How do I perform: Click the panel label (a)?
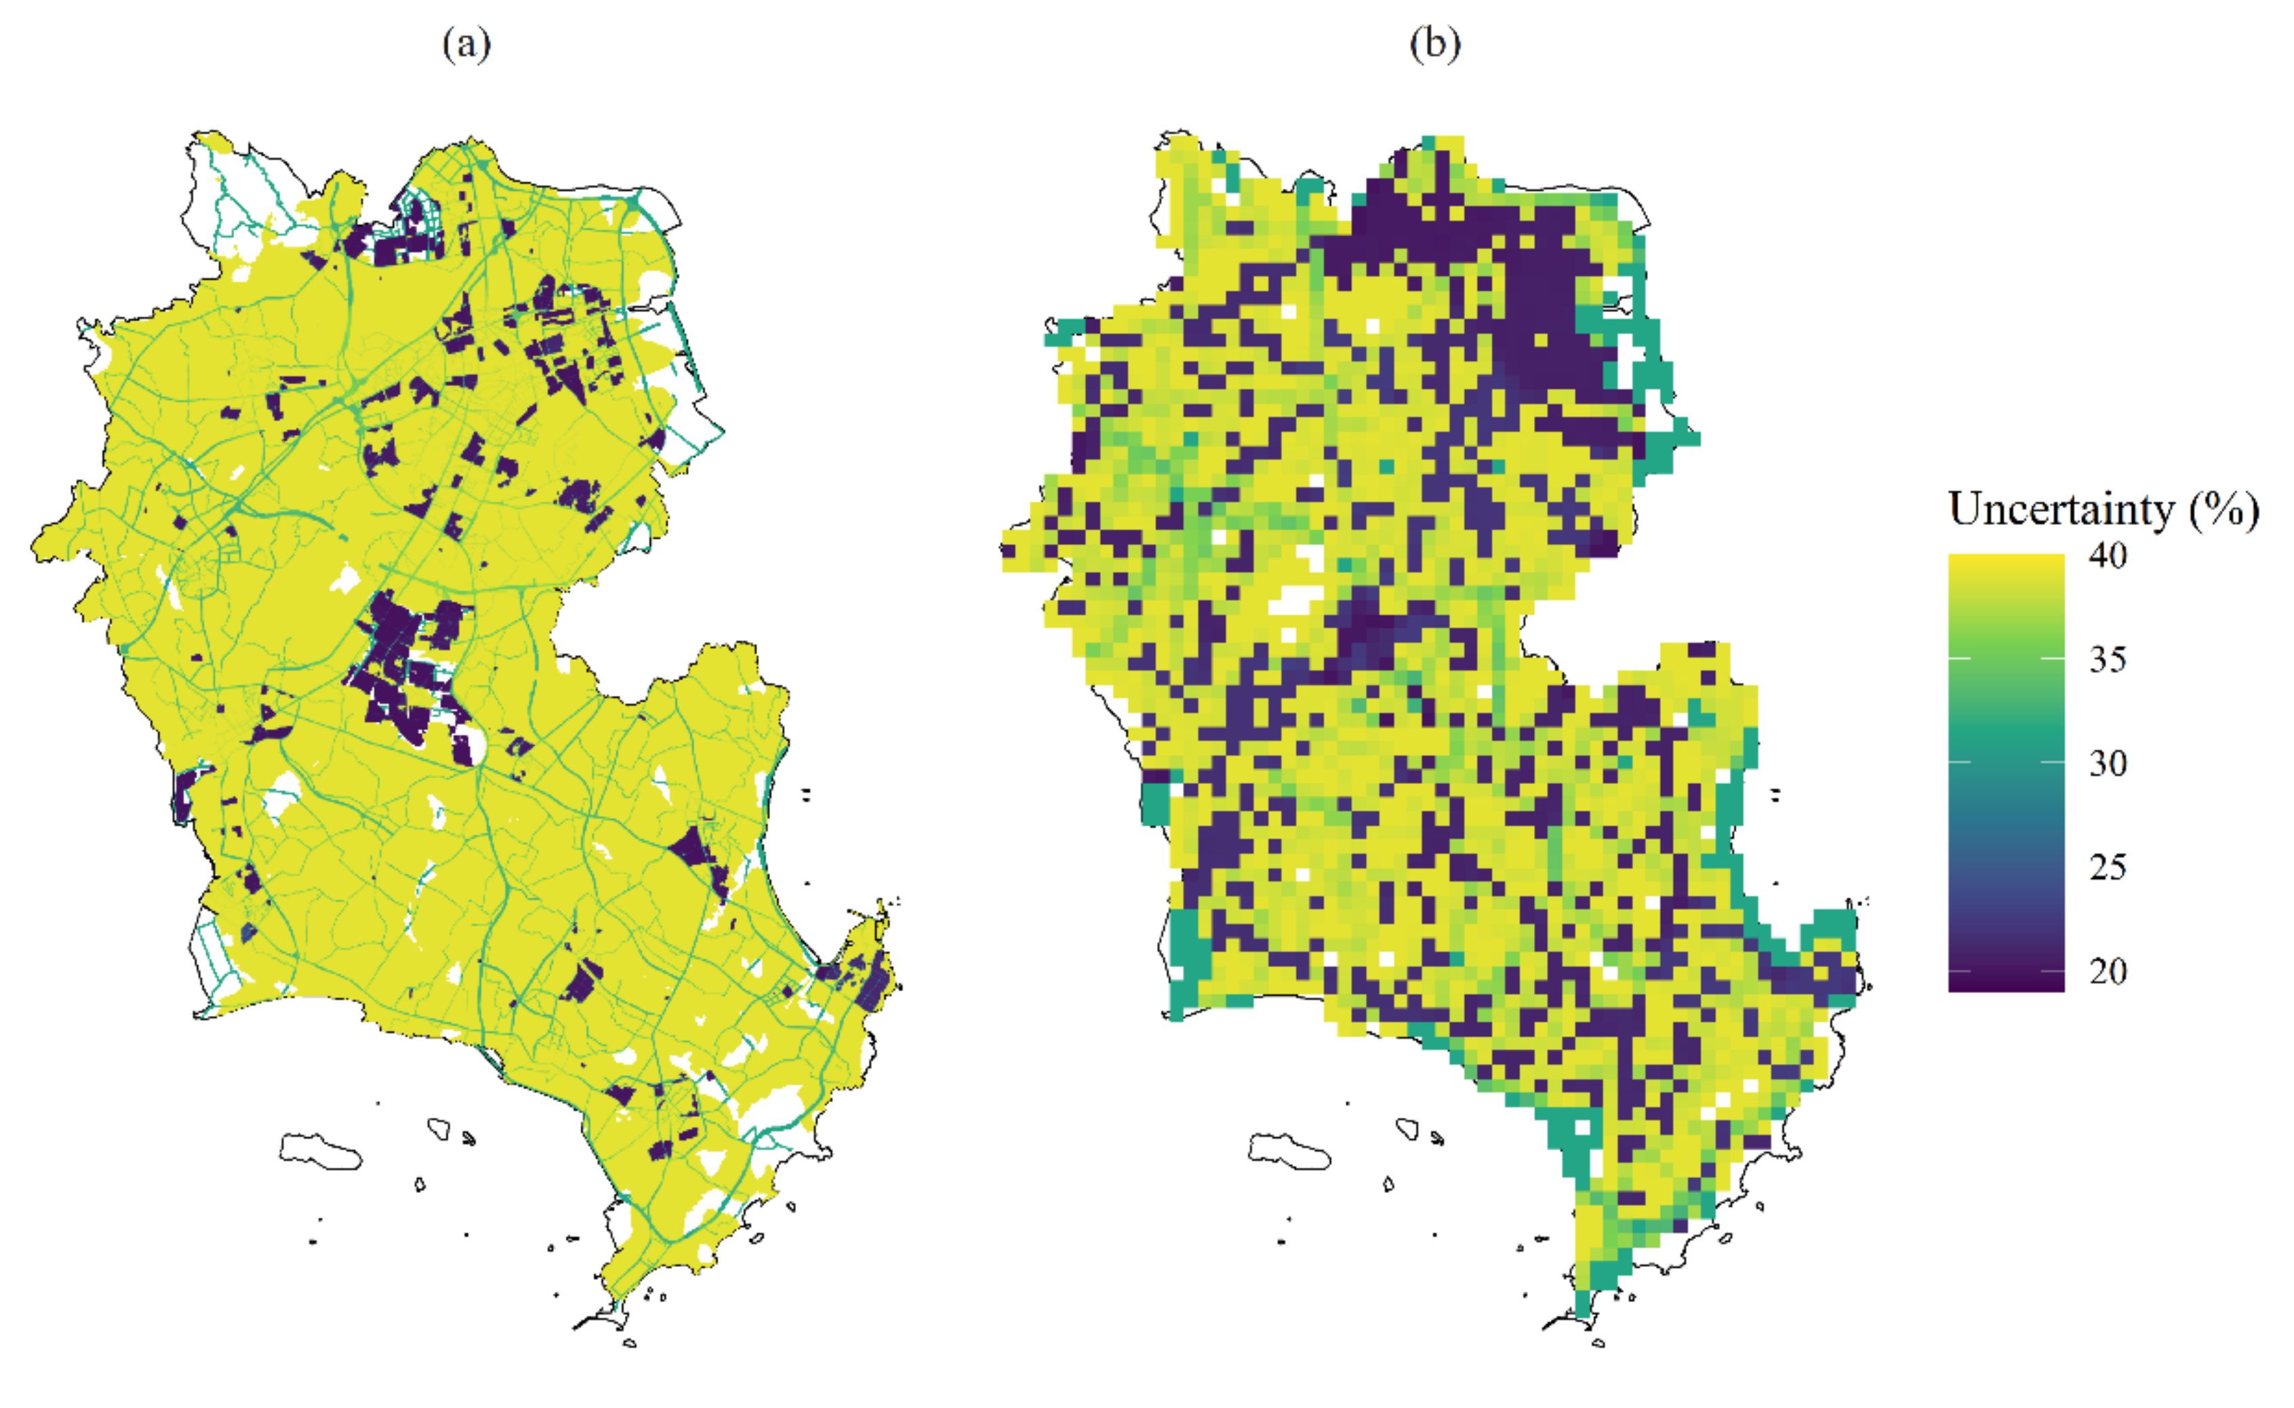[466, 44]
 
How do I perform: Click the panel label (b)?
[1434, 44]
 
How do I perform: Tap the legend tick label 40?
[2108, 556]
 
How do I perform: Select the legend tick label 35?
[2108, 660]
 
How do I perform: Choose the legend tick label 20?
[2108, 971]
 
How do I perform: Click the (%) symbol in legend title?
[2224, 510]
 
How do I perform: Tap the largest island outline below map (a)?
[319, 1151]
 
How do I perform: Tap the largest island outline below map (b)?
[1289, 1151]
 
